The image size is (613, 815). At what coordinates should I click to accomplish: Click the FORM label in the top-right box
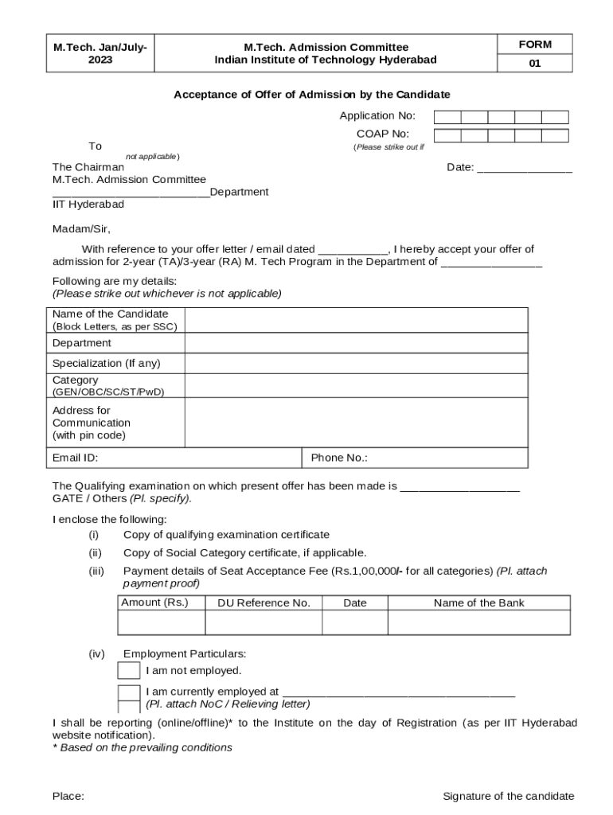point(534,45)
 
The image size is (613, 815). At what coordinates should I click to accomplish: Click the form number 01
point(534,64)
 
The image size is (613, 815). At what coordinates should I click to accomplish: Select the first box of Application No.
point(447,117)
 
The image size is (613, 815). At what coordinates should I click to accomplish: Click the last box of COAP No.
point(555,135)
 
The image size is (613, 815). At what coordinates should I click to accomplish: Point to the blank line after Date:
point(525,168)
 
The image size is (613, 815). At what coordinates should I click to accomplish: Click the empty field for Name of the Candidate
point(356,320)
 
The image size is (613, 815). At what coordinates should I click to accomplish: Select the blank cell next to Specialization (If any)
point(356,364)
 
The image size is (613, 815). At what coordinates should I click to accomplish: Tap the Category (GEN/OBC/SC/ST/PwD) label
point(107,386)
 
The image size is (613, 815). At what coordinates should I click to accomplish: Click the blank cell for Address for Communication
point(356,423)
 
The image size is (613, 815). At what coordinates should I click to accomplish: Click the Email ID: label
point(76,458)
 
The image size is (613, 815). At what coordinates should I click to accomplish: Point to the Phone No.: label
point(339,458)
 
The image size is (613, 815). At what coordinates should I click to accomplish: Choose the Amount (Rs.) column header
point(154,602)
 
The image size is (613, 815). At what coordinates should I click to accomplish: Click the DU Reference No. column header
point(264,603)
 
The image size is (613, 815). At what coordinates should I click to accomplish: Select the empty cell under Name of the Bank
point(478,622)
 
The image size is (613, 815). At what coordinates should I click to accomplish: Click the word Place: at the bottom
point(68,796)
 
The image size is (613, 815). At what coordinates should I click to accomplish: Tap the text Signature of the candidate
point(508,796)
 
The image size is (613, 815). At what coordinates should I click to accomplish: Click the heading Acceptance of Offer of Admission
point(312,95)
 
